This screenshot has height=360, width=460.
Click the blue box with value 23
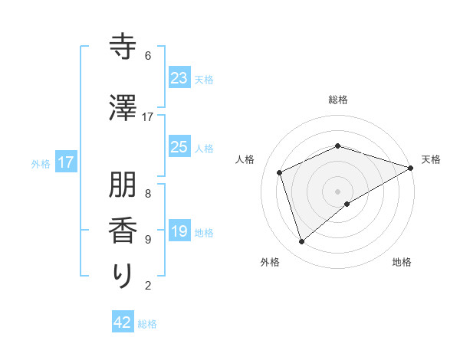coord(179,78)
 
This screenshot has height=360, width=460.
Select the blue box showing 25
coord(179,147)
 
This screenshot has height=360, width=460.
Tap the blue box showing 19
coord(179,231)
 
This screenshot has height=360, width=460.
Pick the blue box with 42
coord(123,322)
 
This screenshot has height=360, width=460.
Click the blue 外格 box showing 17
coord(66,162)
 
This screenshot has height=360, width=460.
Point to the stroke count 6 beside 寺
coord(148,56)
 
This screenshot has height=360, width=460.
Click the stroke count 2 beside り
coord(148,286)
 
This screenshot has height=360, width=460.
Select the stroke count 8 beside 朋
coord(148,193)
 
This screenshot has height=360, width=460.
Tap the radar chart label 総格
coord(338,100)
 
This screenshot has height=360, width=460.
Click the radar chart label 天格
coord(432,159)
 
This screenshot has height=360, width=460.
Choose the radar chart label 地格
coord(402,262)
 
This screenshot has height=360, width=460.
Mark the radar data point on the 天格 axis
coord(411,168)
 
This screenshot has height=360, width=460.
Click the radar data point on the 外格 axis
coord(302,242)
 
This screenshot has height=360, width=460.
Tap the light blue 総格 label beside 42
coord(147,324)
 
